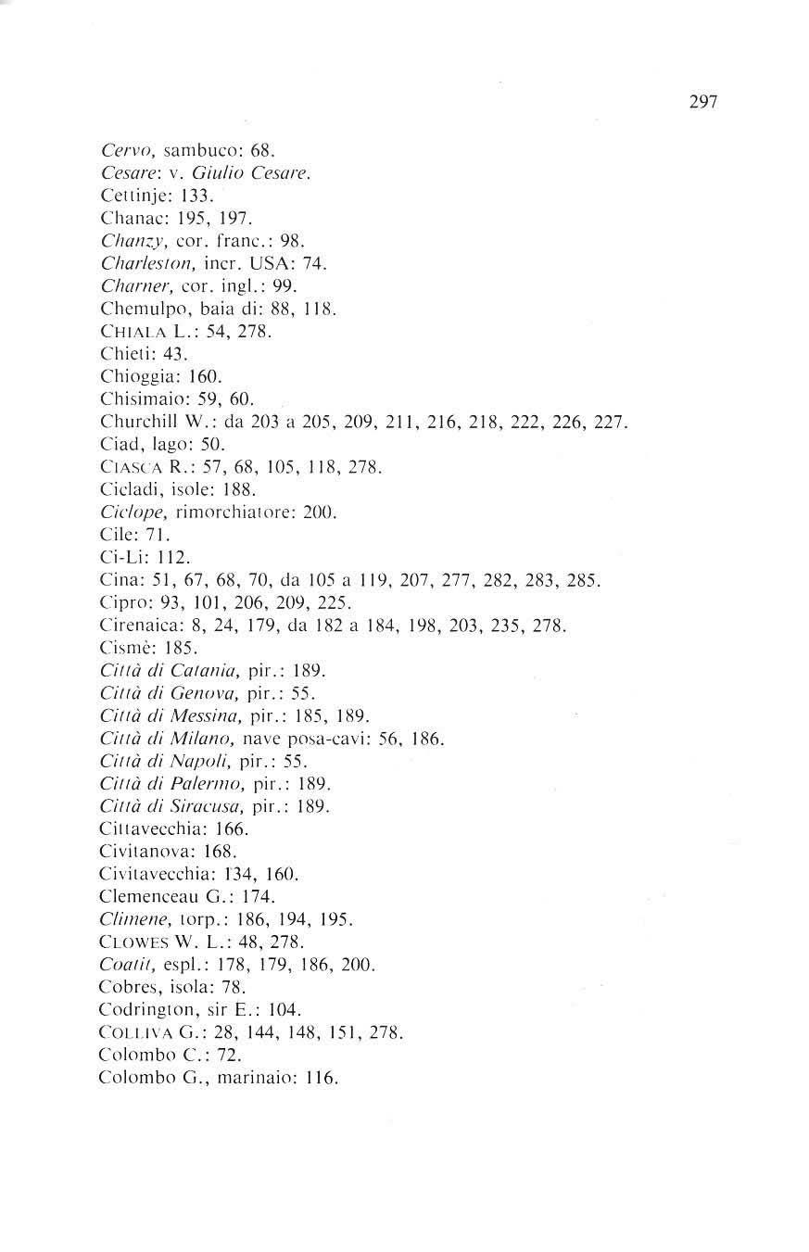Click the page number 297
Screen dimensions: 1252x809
[703, 102]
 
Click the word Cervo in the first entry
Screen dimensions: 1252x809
[120, 150]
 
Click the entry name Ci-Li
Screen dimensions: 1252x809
[118, 558]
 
